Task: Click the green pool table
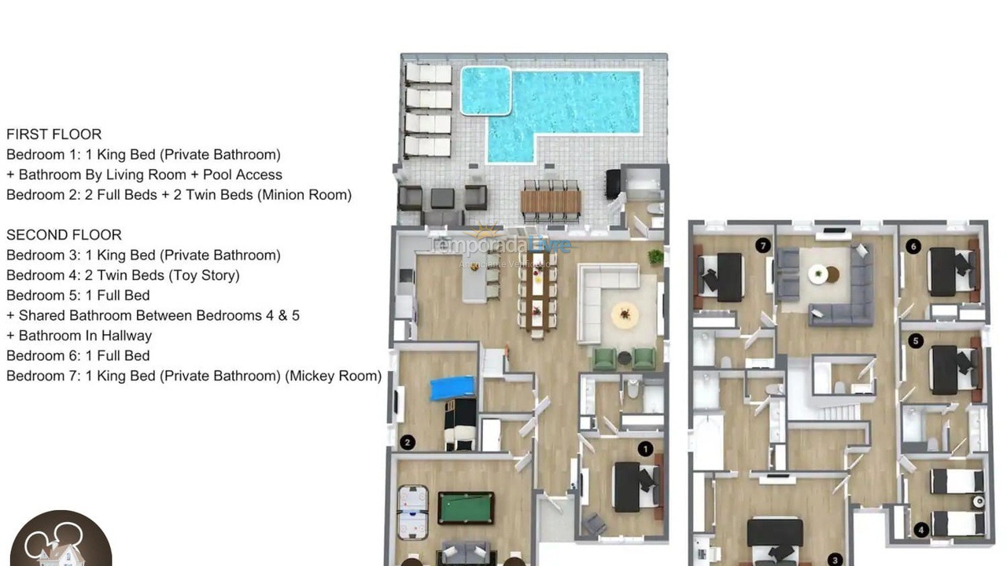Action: tap(466, 507)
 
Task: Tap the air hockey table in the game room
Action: tap(411, 512)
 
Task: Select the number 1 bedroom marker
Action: tap(644, 449)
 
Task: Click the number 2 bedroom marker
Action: tap(407, 443)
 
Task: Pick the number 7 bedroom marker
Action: tap(762, 246)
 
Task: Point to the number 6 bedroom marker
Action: tap(913, 247)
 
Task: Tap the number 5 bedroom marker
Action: tap(915, 340)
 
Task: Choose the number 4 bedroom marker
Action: tap(921, 531)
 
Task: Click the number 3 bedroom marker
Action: tap(835, 560)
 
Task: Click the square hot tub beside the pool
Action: tap(485, 90)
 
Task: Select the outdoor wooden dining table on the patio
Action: tap(551, 203)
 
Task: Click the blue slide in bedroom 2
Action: tap(452, 388)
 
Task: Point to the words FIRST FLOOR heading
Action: tap(53, 134)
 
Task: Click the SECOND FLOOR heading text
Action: tap(64, 235)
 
